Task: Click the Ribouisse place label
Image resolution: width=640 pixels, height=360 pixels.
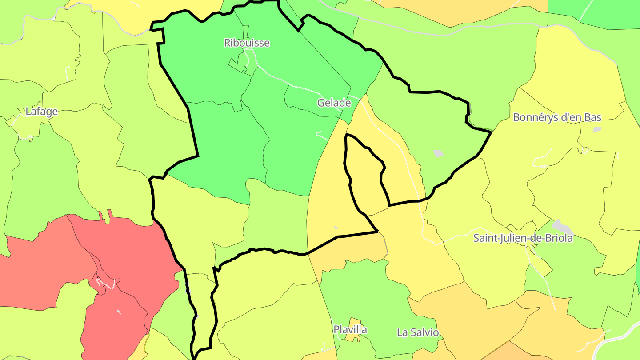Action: coord(247,43)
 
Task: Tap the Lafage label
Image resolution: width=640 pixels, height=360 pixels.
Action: coord(41,112)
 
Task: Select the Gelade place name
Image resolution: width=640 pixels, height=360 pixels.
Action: coord(334,103)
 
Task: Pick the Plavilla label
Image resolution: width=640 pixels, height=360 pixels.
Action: coord(350,330)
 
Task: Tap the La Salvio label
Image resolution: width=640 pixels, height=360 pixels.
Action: coord(418,332)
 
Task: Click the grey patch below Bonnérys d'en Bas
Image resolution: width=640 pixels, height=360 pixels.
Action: coord(597,130)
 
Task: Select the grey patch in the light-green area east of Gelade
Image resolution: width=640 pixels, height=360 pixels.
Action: coord(438,153)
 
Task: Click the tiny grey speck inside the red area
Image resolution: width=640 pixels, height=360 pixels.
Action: coord(119,312)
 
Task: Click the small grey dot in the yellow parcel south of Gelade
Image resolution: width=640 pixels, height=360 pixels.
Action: coord(336,228)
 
